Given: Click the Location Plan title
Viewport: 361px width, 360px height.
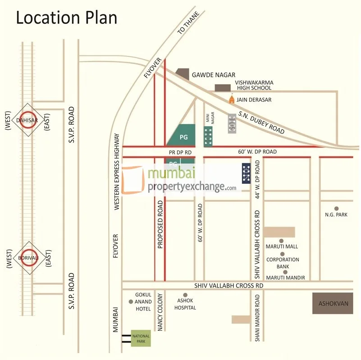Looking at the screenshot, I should [67, 18].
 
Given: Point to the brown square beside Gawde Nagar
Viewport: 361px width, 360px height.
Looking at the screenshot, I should [183, 74].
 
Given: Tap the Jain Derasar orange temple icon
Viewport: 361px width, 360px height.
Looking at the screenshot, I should [232, 99].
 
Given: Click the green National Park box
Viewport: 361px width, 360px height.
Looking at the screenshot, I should [141, 338].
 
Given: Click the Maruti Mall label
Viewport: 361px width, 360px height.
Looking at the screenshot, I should [282, 246].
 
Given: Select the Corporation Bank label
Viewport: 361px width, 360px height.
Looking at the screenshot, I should [283, 263].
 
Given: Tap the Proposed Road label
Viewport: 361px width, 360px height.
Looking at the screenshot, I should [160, 225].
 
